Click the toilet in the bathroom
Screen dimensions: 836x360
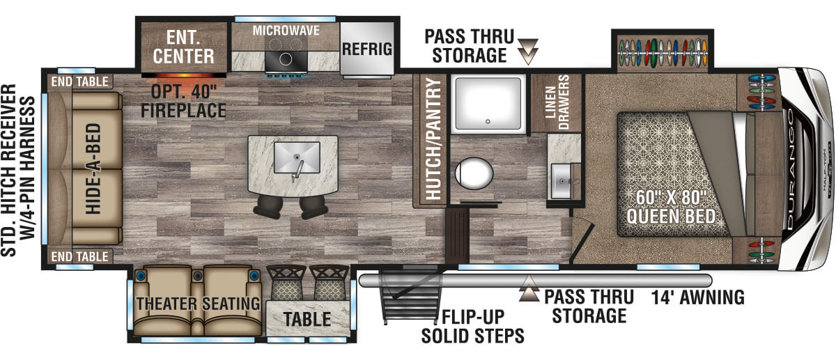[474, 173]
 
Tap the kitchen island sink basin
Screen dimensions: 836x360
[297, 157]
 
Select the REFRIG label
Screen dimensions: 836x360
[367, 49]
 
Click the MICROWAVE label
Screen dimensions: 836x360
[286, 31]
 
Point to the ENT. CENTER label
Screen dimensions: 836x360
[184, 47]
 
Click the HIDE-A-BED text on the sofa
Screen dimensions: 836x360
[93, 169]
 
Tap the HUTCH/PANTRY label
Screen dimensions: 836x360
[433, 139]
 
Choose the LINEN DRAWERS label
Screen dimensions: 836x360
[557, 102]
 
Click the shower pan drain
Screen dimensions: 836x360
[488, 122]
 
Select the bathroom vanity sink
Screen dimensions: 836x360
[562, 181]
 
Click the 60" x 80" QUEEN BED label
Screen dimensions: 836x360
[671, 207]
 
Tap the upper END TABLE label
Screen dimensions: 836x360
[80, 81]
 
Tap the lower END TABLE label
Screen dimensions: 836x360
[80, 257]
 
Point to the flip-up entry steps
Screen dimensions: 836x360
[409, 297]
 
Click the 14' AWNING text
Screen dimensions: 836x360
[698, 298]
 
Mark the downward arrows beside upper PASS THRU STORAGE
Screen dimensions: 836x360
[528, 51]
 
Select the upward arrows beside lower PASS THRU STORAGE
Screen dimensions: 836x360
[529, 288]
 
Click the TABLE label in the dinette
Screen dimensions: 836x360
[307, 320]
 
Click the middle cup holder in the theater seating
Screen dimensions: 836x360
[197, 276]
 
